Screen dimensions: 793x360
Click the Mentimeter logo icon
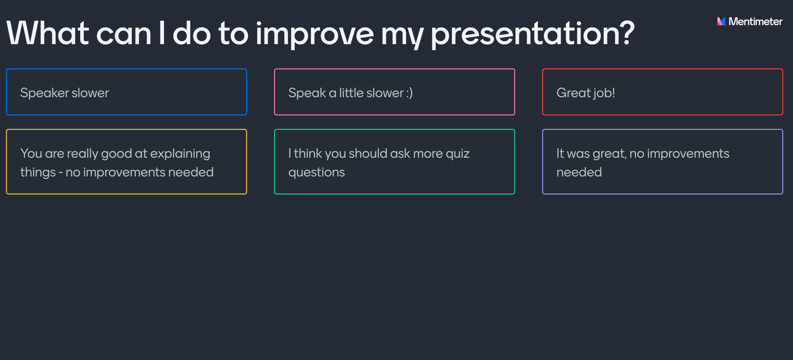coord(721,21)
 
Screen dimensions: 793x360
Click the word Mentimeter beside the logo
coord(755,21)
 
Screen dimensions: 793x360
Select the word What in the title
coord(47,33)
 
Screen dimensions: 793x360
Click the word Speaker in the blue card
coord(45,93)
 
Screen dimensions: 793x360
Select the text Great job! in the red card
coord(586,93)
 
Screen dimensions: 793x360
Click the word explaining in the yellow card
coord(180,154)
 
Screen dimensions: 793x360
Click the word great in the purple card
coord(610,154)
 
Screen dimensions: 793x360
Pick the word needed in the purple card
coord(579,172)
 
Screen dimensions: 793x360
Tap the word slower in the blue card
coord(90,93)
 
